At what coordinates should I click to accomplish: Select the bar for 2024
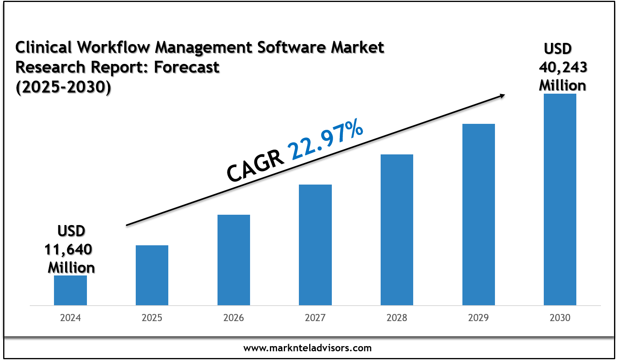pyautogui.click(x=70, y=290)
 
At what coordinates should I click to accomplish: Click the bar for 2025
pyautogui.click(x=152, y=275)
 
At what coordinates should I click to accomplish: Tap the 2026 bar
pyautogui.click(x=234, y=260)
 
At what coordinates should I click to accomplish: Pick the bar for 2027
pyautogui.click(x=315, y=245)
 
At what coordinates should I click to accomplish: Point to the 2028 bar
pyautogui.click(x=397, y=230)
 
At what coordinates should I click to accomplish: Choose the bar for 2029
pyautogui.click(x=479, y=214)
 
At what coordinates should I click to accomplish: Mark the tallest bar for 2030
pyautogui.click(x=560, y=199)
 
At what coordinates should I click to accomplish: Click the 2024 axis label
pyautogui.click(x=70, y=318)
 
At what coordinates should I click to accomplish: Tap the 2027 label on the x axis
pyautogui.click(x=315, y=318)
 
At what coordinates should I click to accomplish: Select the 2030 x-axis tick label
pyautogui.click(x=560, y=318)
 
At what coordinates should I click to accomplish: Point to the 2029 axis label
pyautogui.click(x=479, y=318)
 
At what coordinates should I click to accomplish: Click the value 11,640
pyautogui.click(x=68, y=250)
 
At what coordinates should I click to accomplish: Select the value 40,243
pyautogui.click(x=563, y=67)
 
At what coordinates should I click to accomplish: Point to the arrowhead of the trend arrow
pyautogui.click(x=502, y=95)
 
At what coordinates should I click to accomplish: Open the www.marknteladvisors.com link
pyautogui.click(x=308, y=348)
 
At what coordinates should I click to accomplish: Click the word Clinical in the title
pyautogui.click(x=44, y=48)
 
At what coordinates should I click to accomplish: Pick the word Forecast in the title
pyautogui.click(x=187, y=67)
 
